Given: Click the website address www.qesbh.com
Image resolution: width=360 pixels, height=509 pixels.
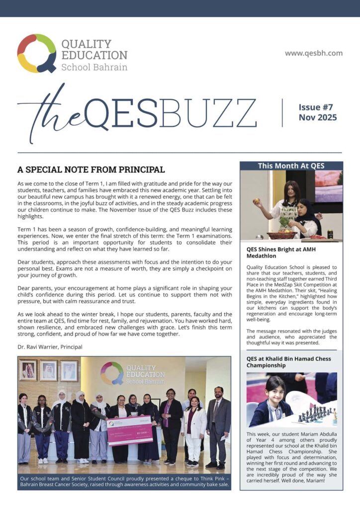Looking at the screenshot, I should click(313, 53).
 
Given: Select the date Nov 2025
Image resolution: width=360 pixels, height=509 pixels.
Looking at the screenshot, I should click(317, 118).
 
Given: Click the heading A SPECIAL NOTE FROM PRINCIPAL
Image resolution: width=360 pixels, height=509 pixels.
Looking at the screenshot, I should click(91, 170).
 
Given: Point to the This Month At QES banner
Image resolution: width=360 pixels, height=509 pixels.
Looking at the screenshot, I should click(291, 166).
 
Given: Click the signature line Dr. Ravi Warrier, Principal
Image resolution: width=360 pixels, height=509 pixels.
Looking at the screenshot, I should click(50, 346).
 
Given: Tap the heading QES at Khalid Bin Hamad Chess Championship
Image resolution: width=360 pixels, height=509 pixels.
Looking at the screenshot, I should click(288, 362).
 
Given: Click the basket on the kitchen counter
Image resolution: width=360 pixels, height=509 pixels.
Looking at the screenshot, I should click(281, 235).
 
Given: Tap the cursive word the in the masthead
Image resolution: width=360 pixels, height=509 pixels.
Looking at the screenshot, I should click(50, 117).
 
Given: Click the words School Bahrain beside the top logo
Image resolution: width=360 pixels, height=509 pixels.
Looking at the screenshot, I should click(94, 67).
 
